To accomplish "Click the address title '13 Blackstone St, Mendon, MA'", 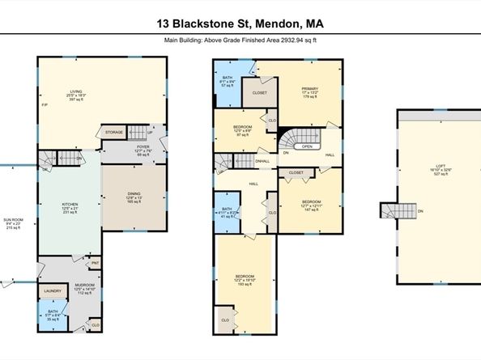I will point(240,25).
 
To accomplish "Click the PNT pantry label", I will point(95,262).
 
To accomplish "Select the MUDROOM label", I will point(86,286).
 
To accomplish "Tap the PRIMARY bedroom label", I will point(310,88).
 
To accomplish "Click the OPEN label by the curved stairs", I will point(307,147).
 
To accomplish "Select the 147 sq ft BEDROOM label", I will point(311,201).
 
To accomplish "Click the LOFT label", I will point(439,167).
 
